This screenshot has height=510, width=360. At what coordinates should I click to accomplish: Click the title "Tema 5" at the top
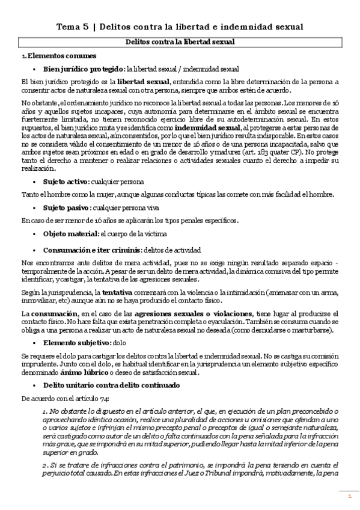click(75, 27)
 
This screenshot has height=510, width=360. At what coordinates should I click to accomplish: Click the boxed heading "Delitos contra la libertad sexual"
click(180, 41)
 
